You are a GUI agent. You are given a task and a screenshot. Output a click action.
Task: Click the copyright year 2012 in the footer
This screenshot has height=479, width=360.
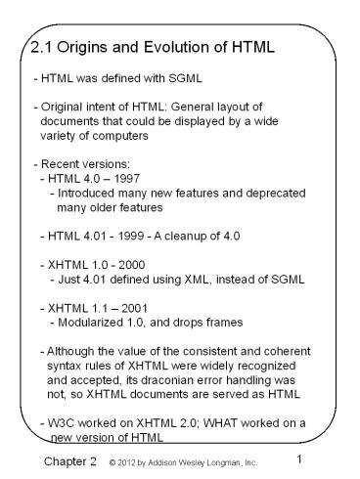(x=121, y=460)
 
